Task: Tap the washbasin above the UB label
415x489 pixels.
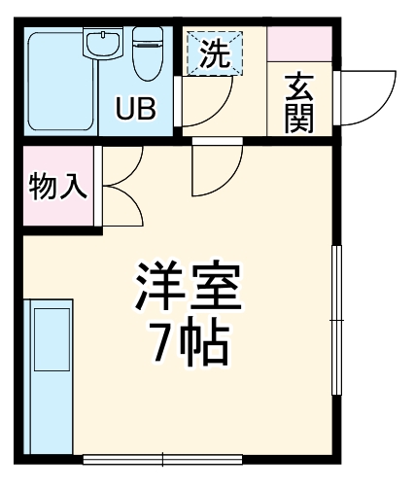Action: click(102, 44)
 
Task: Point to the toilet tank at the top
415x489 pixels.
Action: click(148, 34)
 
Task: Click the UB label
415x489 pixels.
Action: click(135, 109)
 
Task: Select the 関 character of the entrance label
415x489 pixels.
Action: click(297, 119)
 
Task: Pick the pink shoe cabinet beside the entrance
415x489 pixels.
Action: click(299, 45)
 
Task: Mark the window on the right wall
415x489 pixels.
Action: click(337, 321)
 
